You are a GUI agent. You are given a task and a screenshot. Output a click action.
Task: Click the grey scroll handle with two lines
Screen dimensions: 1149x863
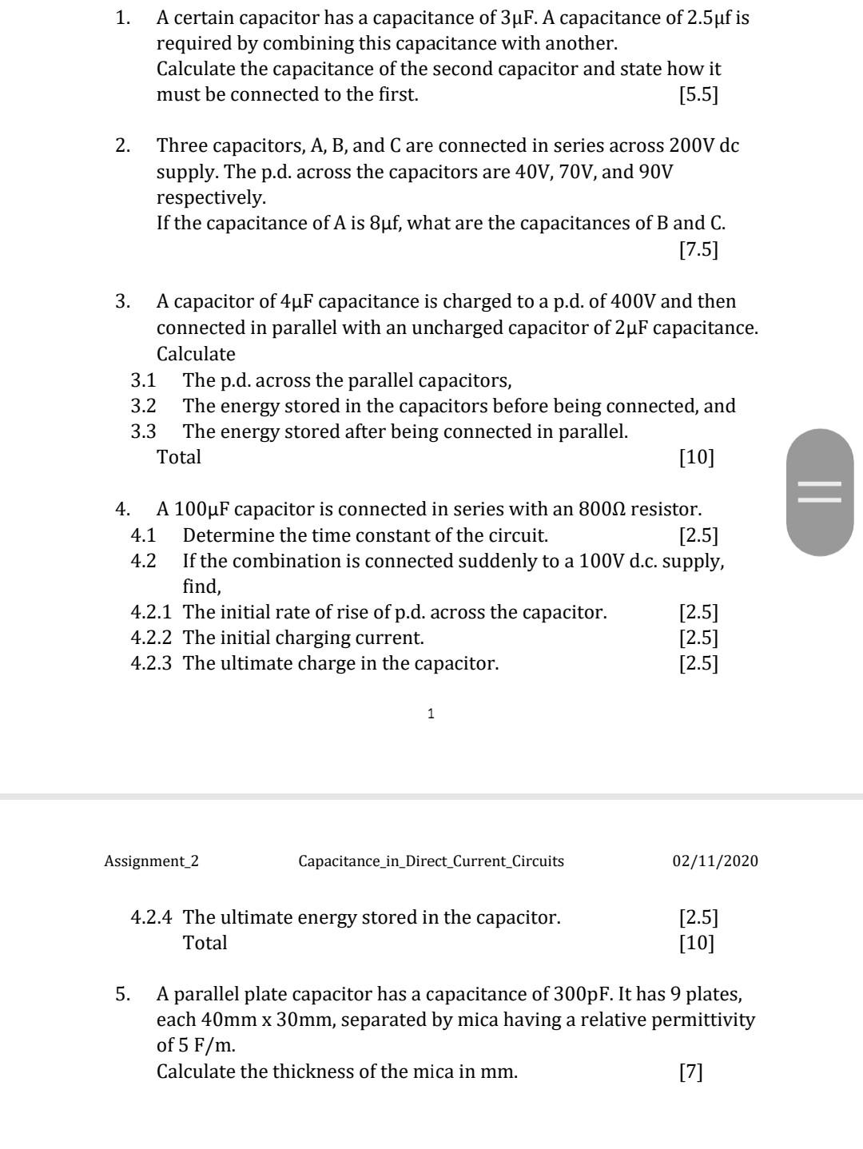[820, 491]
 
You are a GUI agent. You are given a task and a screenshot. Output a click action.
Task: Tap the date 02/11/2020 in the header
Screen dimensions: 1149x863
[715, 861]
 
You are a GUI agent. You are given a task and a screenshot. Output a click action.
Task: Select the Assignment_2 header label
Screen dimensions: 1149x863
[152, 861]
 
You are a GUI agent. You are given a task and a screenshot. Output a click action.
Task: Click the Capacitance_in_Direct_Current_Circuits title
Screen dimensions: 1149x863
[431, 861]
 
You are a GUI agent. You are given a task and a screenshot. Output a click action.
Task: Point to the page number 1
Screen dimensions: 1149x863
[431, 714]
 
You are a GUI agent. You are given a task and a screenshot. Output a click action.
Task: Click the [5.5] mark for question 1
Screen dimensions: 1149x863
[698, 95]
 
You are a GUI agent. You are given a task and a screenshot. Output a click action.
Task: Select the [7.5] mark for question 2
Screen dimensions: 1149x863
[698, 250]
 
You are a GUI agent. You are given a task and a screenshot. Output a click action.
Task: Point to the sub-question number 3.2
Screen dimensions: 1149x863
[144, 406]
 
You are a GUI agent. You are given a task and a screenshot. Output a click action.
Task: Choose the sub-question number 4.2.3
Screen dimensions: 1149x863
[151, 663]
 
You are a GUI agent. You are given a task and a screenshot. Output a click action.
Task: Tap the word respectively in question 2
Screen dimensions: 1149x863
[211, 197]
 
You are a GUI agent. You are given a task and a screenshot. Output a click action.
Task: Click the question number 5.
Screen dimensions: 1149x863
[122, 995]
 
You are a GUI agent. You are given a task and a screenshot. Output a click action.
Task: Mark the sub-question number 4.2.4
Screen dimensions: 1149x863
[151, 917]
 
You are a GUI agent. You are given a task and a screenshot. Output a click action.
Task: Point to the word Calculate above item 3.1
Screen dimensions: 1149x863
[196, 354]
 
